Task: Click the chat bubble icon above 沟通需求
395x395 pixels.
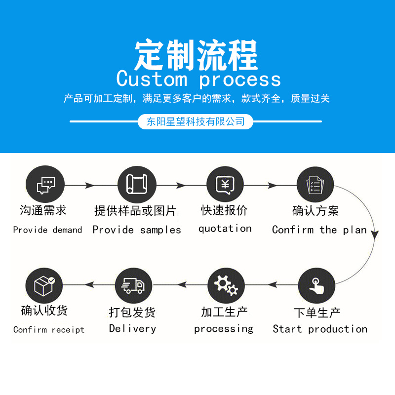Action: point(45,185)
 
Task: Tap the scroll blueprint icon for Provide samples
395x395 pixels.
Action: point(137,185)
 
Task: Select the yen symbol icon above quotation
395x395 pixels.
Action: point(225,185)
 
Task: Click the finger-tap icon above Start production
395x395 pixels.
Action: point(316,285)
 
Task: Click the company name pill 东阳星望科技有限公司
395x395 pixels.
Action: point(196,121)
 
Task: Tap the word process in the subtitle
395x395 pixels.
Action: point(240,80)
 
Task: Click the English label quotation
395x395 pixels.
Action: point(225,229)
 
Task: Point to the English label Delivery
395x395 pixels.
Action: point(132,329)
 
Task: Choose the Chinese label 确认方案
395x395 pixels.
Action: point(316,211)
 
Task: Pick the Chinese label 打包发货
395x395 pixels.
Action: point(132,312)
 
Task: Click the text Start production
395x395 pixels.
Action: point(320,329)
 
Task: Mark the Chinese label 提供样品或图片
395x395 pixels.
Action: point(135,211)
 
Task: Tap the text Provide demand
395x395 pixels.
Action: point(47,230)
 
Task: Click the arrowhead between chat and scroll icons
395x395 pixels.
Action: point(90,185)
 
